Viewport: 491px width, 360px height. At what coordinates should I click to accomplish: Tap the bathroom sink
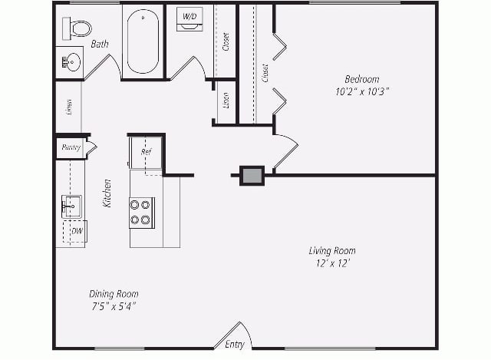coord(71,61)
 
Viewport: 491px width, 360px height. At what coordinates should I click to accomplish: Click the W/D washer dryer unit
coord(189,18)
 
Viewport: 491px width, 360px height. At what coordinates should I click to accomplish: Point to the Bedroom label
coord(361,79)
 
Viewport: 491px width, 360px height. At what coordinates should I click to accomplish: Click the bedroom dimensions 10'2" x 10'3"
coord(361,91)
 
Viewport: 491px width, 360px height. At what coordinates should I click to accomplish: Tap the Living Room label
coord(332,251)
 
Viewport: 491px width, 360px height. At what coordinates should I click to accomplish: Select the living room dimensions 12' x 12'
coord(332,263)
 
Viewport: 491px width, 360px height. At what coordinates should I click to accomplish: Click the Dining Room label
coord(114,294)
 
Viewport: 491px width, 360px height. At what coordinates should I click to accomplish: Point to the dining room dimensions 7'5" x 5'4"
coord(114,306)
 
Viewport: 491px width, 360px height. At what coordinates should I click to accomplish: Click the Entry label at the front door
coord(235,345)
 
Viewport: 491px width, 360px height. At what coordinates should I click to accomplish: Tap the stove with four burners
coord(140,212)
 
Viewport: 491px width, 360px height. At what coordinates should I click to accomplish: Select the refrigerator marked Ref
coord(146,151)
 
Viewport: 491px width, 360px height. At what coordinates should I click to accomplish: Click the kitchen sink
coord(71,206)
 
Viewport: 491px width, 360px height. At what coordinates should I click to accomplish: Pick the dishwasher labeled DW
coord(77,230)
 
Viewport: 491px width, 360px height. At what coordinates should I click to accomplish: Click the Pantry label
coord(71,147)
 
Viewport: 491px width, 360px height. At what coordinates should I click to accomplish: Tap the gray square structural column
coord(252,176)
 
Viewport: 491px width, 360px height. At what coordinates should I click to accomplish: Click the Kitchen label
coord(108,193)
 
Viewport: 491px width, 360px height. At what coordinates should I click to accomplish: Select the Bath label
coord(100,45)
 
